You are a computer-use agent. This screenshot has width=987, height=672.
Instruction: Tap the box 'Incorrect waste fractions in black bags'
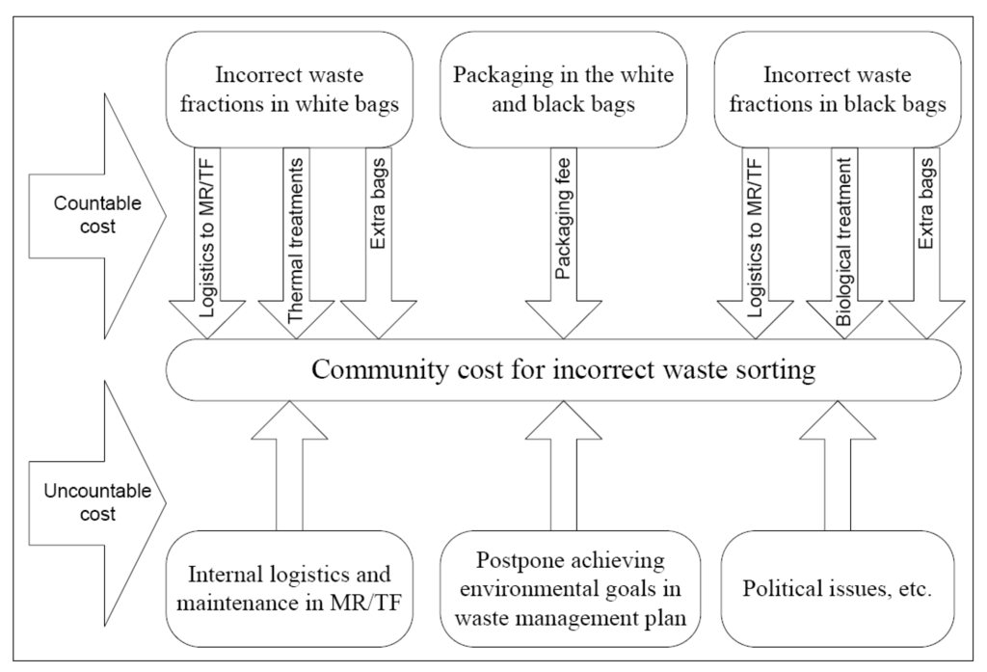(840, 89)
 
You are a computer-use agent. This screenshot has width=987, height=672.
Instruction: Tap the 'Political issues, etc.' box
(840, 589)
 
